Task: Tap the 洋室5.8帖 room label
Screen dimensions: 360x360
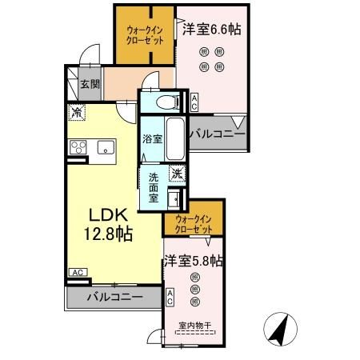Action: point(194,261)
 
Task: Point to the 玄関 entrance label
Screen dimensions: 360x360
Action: point(90,83)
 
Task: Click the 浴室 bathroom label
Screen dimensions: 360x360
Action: point(152,138)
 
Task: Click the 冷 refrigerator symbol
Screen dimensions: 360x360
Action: point(78,114)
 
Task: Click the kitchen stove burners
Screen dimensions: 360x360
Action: point(78,146)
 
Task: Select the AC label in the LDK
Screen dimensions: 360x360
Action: point(78,273)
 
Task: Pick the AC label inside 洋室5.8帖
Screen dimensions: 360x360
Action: point(170,298)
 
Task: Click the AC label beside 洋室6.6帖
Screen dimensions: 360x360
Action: point(194,102)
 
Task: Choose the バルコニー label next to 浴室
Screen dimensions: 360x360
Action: point(217,134)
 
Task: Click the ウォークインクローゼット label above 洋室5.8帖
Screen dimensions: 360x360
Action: point(192,220)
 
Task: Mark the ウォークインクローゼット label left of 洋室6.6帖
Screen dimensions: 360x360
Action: point(145,35)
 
